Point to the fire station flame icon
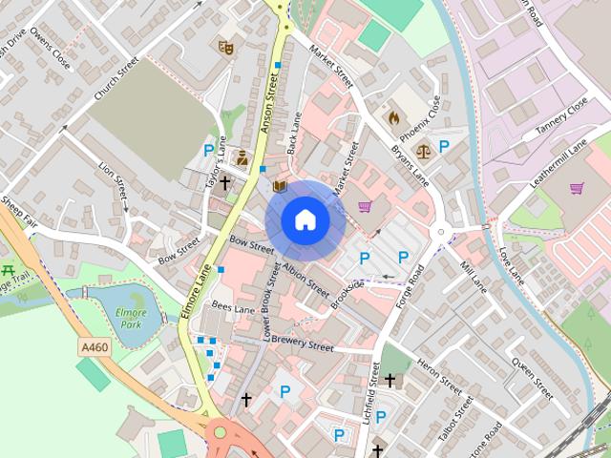pos(392,117)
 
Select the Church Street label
pos(116,84)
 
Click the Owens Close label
pos(51,46)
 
